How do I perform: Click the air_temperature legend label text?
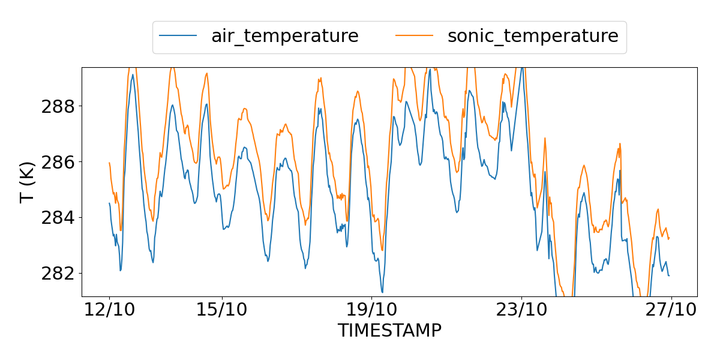pyautogui.click(x=284, y=36)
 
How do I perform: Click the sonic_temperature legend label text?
pyautogui.click(x=533, y=36)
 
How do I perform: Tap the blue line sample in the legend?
pyautogui.click(x=178, y=37)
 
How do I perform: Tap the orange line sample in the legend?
pyautogui.click(x=415, y=37)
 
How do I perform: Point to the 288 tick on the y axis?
pyautogui.click(x=58, y=107)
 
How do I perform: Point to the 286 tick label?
pyautogui.click(x=58, y=162)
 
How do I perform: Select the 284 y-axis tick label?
pyautogui.click(x=58, y=217)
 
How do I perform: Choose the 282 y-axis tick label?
pyautogui.click(x=58, y=273)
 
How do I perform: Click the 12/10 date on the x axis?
pyautogui.click(x=110, y=311)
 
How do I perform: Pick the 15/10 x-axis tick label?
pyautogui.click(x=222, y=311)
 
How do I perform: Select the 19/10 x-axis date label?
pyautogui.click(x=372, y=311)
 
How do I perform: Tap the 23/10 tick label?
pyautogui.click(x=521, y=311)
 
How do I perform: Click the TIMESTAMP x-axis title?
pyautogui.click(x=389, y=331)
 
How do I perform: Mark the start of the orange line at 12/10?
pyautogui.click(x=109, y=163)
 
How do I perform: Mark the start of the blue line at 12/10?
pyautogui.click(x=109, y=203)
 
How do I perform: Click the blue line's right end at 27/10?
pyautogui.click(x=669, y=275)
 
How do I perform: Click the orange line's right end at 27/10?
pyautogui.click(x=669, y=238)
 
